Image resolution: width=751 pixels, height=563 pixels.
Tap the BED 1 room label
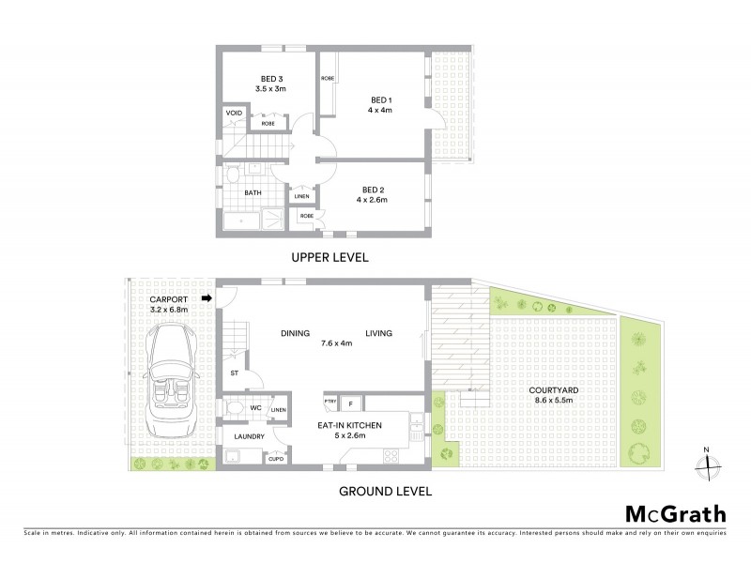click(x=379, y=99)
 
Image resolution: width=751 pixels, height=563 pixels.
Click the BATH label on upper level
click(x=253, y=193)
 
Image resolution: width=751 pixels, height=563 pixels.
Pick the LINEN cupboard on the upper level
click(x=301, y=196)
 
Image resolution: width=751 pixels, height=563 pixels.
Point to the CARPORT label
click(x=169, y=300)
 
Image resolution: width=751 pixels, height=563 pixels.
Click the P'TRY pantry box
click(x=330, y=403)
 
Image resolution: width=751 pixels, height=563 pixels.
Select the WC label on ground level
click(x=254, y=408)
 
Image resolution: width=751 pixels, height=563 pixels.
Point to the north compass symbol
click(x=710, y=462)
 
